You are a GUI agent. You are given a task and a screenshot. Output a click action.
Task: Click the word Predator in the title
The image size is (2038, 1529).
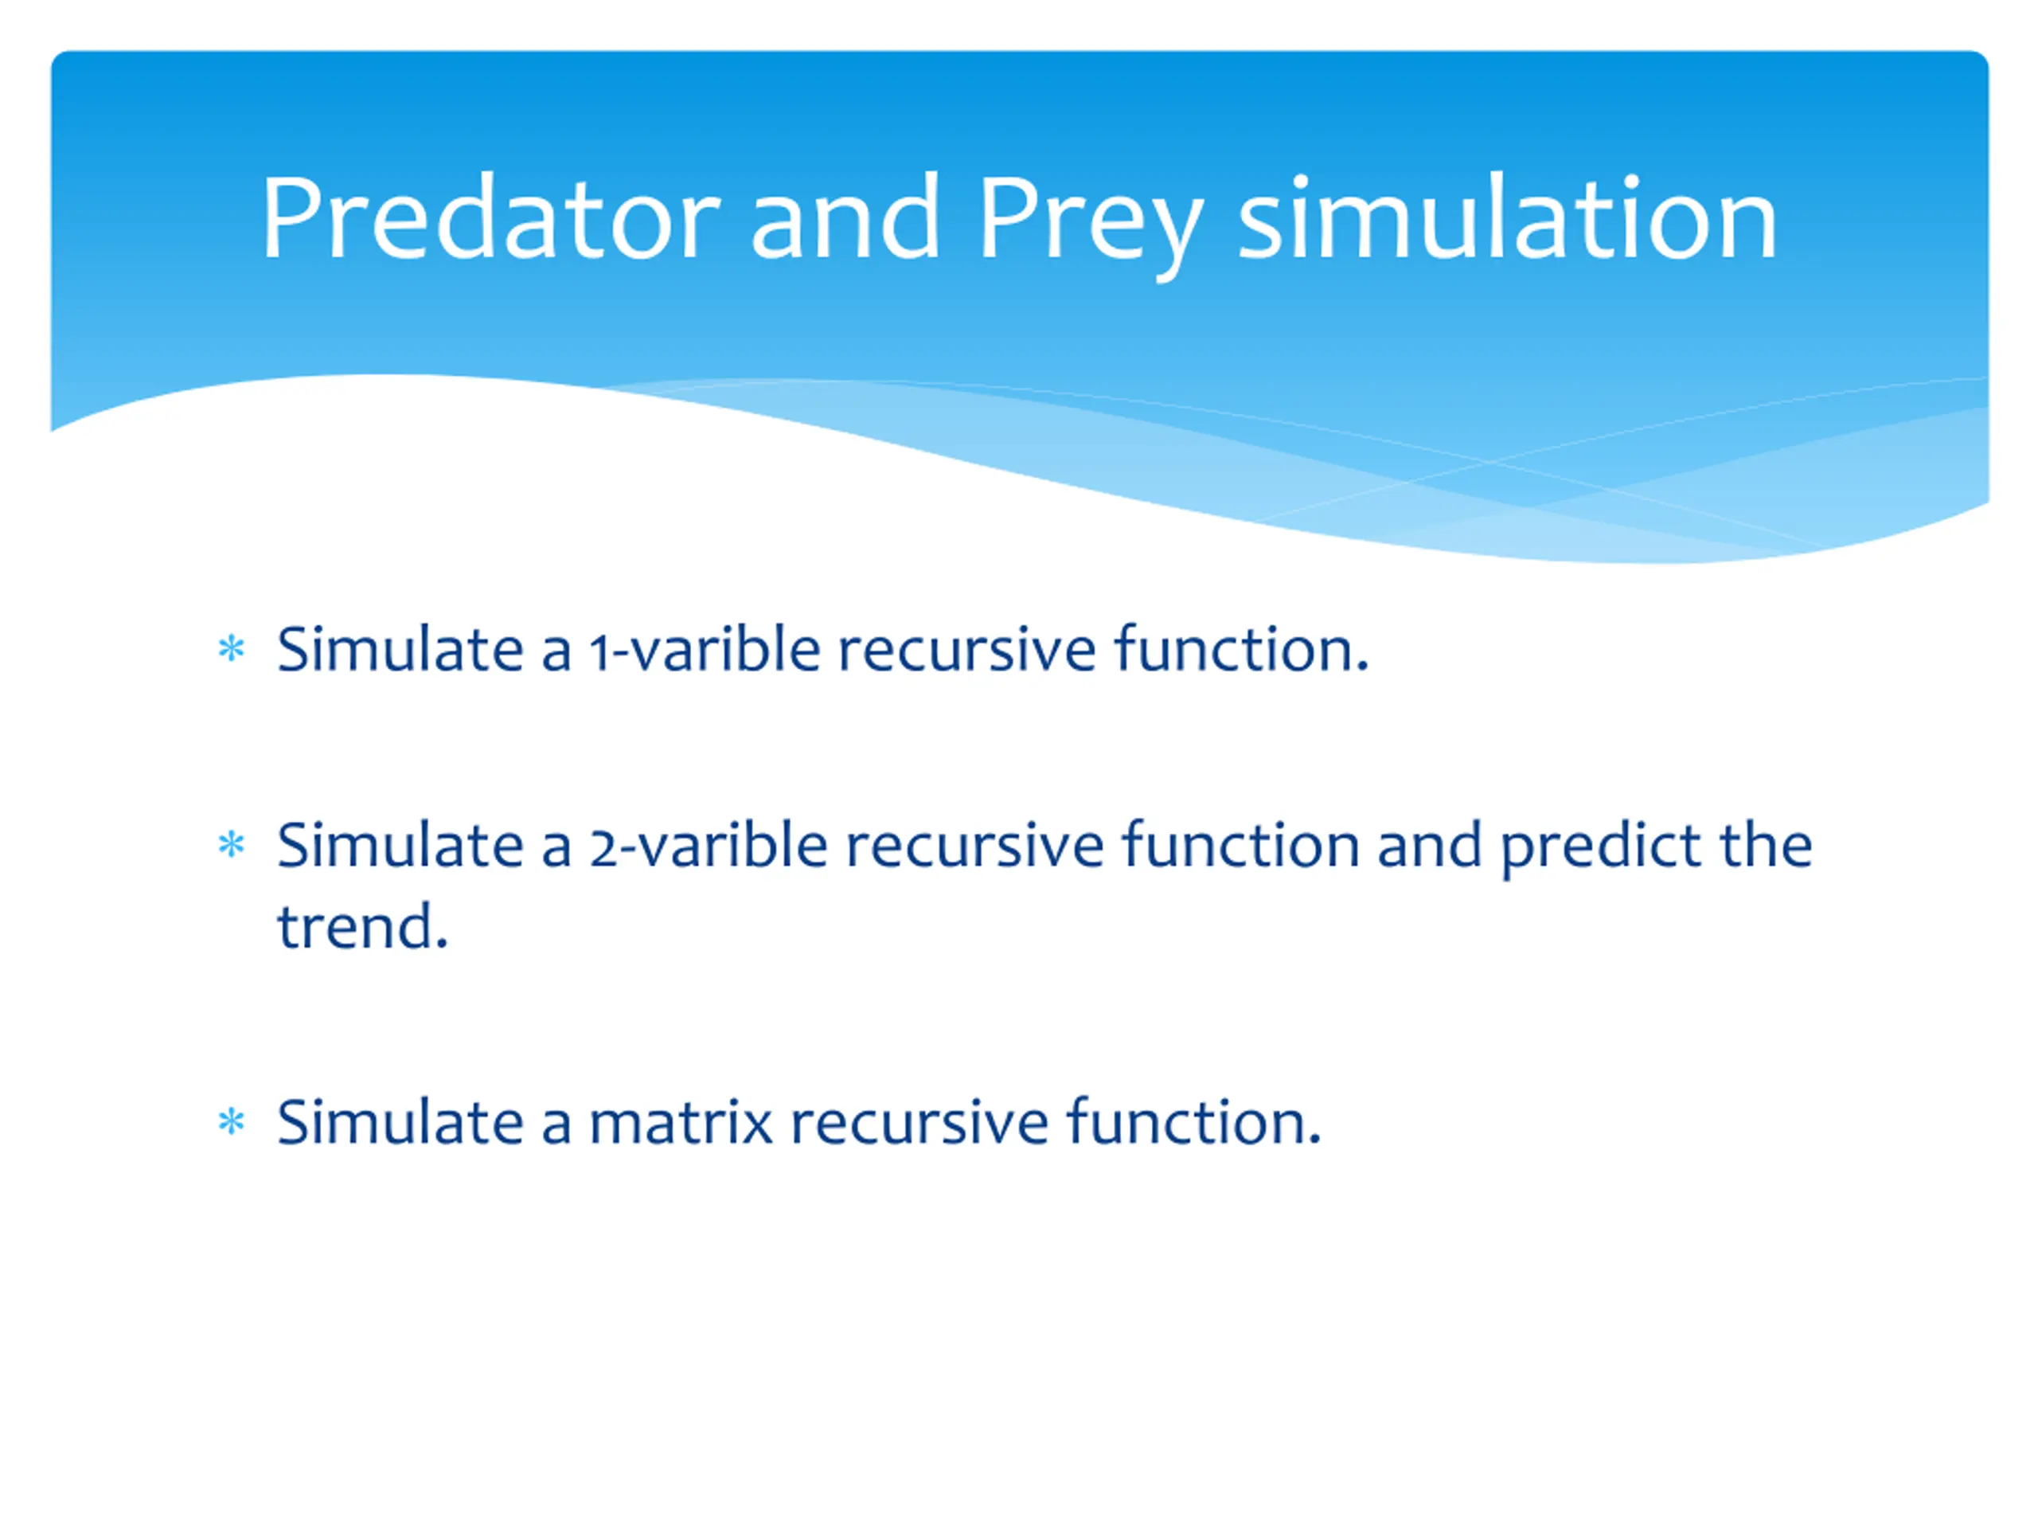[x=490, y=218]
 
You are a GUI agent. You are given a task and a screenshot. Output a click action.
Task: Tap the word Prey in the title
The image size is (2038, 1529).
[x=1090, y=226]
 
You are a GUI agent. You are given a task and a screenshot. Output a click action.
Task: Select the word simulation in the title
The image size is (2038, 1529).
[x=1507, y=217]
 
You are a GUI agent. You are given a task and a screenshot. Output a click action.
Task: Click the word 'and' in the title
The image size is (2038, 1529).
[x=845, y=217]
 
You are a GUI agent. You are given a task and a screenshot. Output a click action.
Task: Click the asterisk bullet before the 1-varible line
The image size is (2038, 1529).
[x=231, y=649]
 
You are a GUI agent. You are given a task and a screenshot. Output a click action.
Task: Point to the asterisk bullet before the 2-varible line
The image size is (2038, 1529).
[x=231, y=844]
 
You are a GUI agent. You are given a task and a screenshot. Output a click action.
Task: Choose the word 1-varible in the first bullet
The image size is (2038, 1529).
[x=705, y=649]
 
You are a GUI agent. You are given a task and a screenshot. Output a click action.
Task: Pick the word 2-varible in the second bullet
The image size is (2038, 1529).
[x=709, y=844]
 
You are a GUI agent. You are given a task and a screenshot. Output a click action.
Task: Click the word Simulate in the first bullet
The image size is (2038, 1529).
[x=400, y=649]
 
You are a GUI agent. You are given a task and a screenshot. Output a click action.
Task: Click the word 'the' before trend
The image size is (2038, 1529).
[x=1767, y=844]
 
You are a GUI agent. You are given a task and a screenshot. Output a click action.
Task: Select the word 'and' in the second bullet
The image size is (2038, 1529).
[x=1430, y=844]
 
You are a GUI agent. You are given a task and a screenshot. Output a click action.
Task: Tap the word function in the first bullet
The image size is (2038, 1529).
[x=1242, y=649]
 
